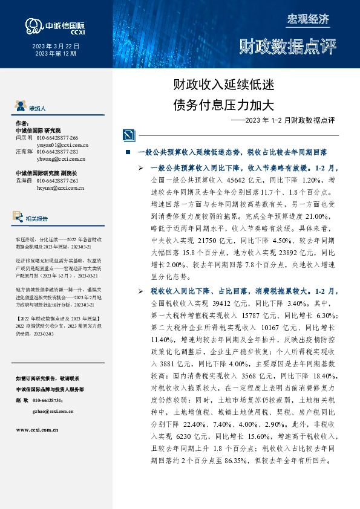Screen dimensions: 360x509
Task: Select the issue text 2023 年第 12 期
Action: [56, 54]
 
